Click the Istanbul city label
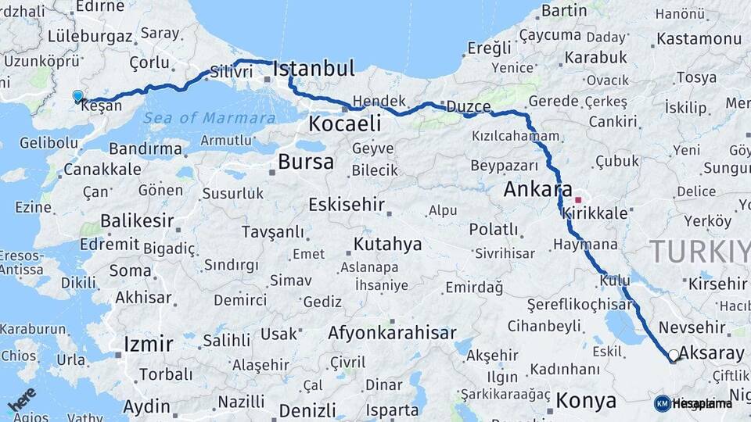314,68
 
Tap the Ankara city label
537,189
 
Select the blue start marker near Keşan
77,96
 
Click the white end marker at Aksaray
674,355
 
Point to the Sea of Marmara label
209,118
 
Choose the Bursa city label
305,163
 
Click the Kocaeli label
344,123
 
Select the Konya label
585,402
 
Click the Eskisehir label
347,205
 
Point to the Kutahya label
387,244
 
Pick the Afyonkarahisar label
391,333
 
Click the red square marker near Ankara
578,200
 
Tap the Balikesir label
137,220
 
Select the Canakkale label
102,169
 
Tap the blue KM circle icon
662,403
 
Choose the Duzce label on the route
468,107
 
